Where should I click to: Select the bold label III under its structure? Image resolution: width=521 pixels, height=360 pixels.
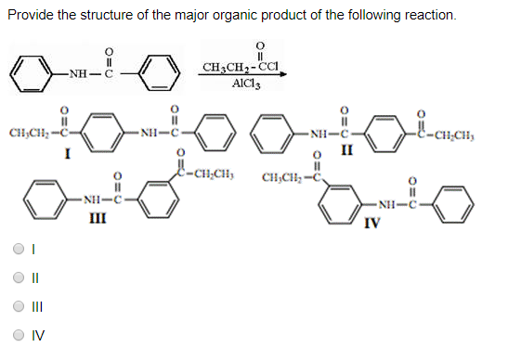[x=97, y=219]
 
